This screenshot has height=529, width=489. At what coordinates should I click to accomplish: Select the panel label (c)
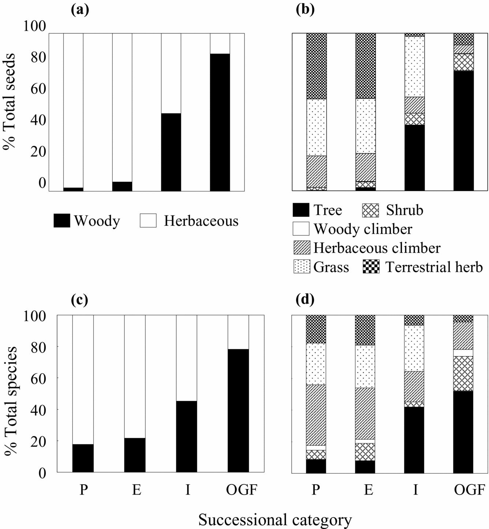pyautogui.click(x=79, y=300)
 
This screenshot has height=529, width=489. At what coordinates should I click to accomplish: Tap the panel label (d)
pyautogui.click(x=305, y=300)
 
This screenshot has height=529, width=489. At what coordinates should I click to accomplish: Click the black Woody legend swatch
pyautogui.click(x=62, y=221)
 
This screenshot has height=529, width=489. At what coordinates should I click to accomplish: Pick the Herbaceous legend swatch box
pyautogui.click(x=148, y=221)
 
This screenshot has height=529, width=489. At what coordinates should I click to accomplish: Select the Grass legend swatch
pyautogui.click(x=302, y=267)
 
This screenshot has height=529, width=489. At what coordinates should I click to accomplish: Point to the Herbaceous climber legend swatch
pyautogui.click(x=302, y=248)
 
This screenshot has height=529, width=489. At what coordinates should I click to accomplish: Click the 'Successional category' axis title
pyautogui.click(x=275, y=519)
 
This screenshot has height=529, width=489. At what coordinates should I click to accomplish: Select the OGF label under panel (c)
pyautogui.click(x=241, y=489)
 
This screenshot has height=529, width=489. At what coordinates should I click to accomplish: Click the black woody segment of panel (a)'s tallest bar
pyautogui.click(x=220, y=122)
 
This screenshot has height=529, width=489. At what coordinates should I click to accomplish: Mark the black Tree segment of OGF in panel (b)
pyautogui.click(x=463, y=131)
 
